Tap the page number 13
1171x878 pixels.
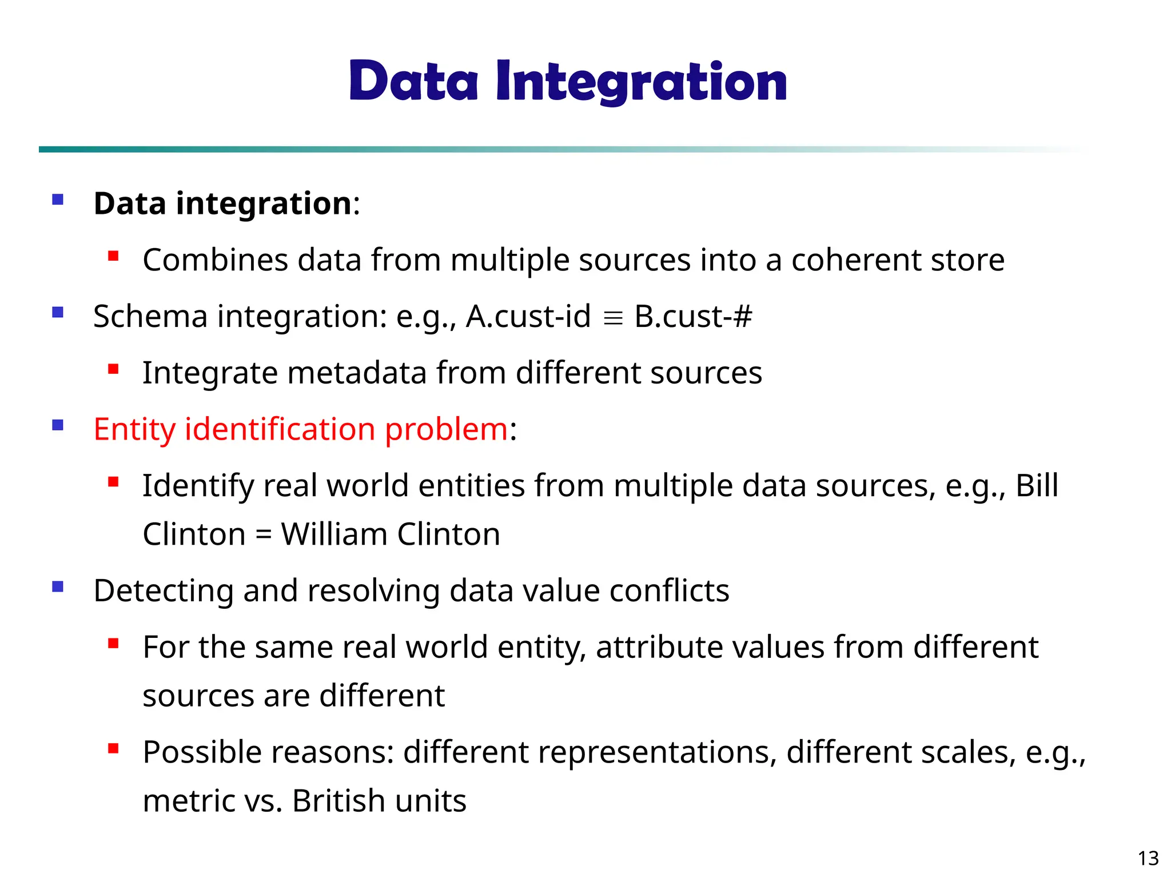(1148, 859)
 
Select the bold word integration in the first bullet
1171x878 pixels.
(264, 203)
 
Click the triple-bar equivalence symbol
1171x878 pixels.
(612, 318)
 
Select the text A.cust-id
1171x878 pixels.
(528, 316)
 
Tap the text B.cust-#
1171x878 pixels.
(693, 316)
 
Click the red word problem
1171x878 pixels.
(446, 429)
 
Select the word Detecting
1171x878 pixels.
(164, 590)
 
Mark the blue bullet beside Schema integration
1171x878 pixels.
(58, 312)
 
